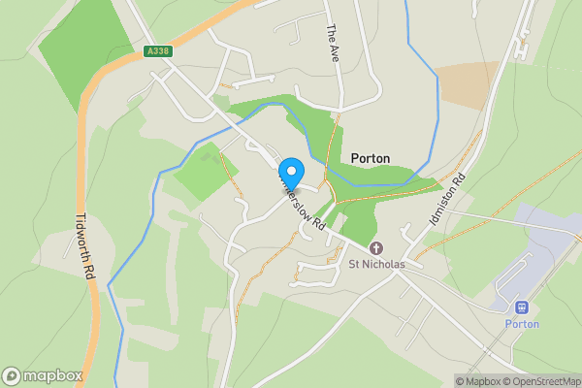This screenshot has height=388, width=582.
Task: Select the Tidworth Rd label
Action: (x=84, y=247)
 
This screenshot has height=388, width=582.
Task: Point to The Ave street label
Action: (x=332, y=41)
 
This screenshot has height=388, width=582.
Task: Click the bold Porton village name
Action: (x=370, y=158)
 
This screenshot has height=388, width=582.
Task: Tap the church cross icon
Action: (x=375, y=248)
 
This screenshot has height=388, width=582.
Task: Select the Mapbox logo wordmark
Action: (x=53, y=375)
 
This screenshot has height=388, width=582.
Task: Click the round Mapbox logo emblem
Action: (x=13, y=375)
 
